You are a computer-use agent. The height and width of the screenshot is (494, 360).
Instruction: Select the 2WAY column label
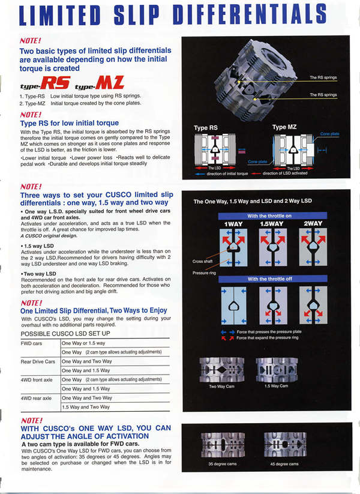point(313,223)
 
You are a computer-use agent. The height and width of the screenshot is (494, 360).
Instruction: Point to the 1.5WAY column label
point(272,223)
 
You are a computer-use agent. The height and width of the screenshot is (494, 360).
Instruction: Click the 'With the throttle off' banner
point(273,279)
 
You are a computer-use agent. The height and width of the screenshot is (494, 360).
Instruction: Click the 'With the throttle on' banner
point(273,215)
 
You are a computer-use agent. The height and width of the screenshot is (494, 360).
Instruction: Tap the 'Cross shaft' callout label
point(203,261)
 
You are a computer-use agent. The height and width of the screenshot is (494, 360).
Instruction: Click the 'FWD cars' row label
point(31,343)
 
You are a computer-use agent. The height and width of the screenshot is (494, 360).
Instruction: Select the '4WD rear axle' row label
point(36,397)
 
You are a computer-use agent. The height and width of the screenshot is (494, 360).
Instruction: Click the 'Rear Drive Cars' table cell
point(38,361)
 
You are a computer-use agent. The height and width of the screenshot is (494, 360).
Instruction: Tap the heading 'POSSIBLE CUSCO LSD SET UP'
point(65,333)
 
